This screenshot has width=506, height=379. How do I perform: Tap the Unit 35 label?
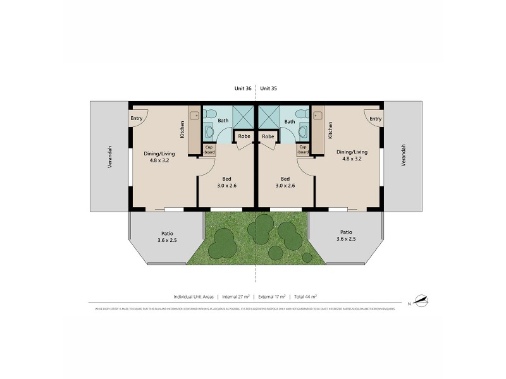click(269, 89)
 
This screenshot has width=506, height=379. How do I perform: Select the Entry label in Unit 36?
click(137, 118)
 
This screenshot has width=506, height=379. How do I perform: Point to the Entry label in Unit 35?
click(375, 118)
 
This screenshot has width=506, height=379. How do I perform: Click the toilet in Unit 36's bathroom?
click(209, 132)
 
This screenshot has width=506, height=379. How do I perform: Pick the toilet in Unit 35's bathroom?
click(302, 132)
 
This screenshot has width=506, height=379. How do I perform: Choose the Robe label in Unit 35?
click(268, 136)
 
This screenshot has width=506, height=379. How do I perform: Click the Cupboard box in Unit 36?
click(208, 149)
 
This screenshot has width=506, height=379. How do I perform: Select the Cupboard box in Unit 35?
click(304, 149)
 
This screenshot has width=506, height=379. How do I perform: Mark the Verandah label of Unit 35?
click(403, 155)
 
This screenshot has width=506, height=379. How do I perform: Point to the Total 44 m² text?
click(305, 296)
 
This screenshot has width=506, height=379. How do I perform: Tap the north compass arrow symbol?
click(422, 299)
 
